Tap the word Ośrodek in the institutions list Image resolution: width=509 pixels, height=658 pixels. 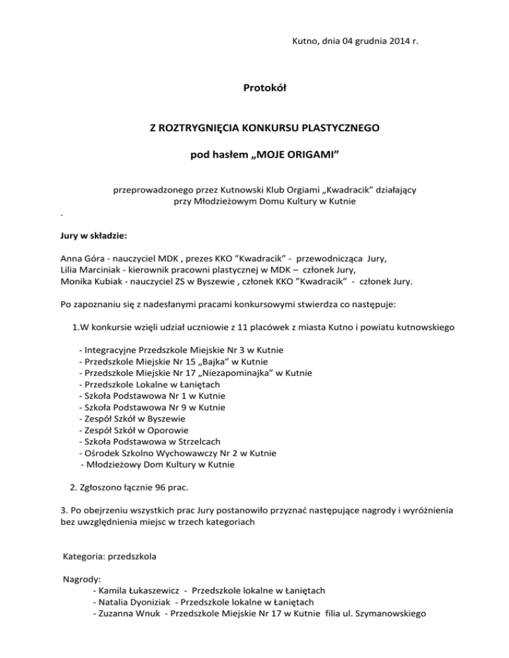(100, 453)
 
